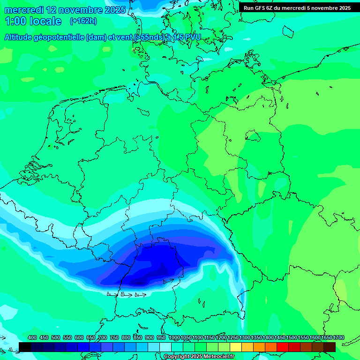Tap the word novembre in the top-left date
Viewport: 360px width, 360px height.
82,10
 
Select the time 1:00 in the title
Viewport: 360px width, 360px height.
15,21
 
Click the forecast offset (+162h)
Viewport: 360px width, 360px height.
83,21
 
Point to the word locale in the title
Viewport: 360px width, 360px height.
46,21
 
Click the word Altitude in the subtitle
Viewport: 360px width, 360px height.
21,37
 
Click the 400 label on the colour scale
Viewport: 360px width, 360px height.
32,337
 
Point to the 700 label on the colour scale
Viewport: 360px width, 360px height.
103,337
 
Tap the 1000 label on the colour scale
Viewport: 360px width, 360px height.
174,337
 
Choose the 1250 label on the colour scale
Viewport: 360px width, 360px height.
233,337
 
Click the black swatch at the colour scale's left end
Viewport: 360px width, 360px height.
25,347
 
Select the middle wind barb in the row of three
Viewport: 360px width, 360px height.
126,295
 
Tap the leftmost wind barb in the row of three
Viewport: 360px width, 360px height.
112,294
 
